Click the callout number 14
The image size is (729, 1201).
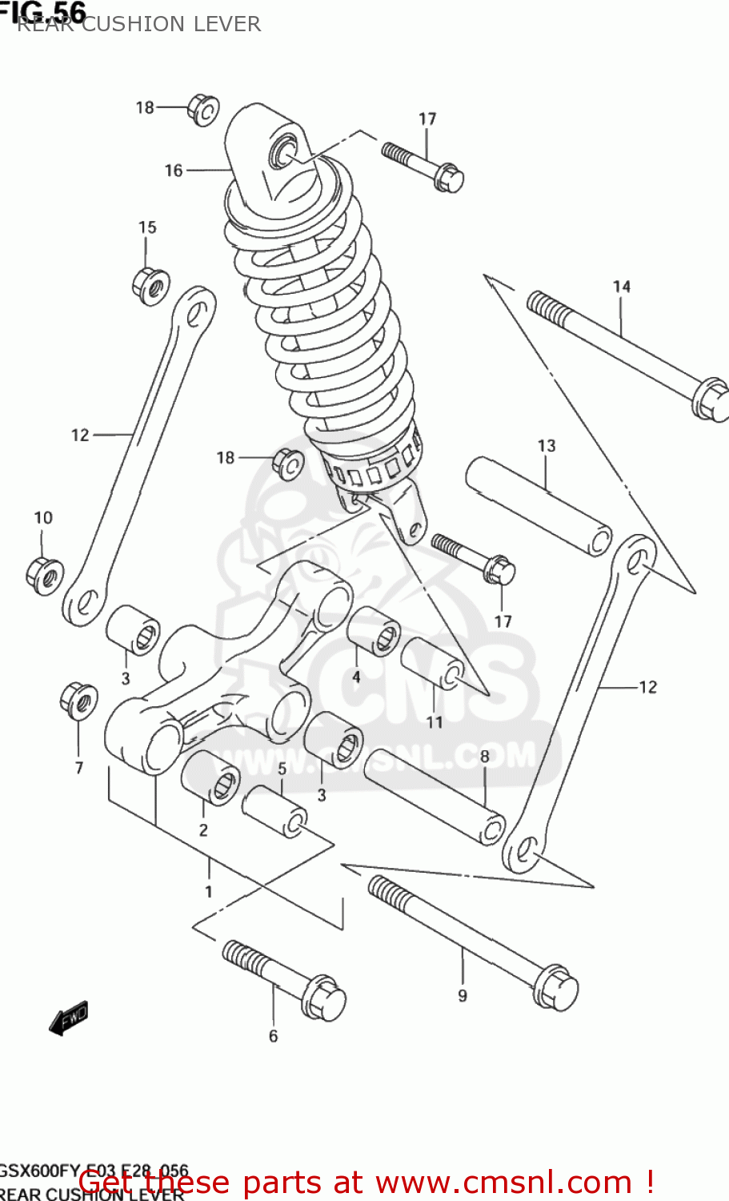pos(622,287)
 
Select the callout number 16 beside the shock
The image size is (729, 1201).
pos(174,171)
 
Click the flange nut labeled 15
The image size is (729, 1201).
pos(150,285)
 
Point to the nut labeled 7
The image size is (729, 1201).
pos(78,701)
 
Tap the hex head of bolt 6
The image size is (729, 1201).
pos(324,998)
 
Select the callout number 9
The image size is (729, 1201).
pos(463,995)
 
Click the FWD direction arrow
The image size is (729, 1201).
pos(69,1019)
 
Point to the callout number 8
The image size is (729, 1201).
pos(484,757)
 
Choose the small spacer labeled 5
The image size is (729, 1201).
pos(274,811)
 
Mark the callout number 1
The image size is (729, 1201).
pos(208,891)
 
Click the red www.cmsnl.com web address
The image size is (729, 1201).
pos(503,1182)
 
